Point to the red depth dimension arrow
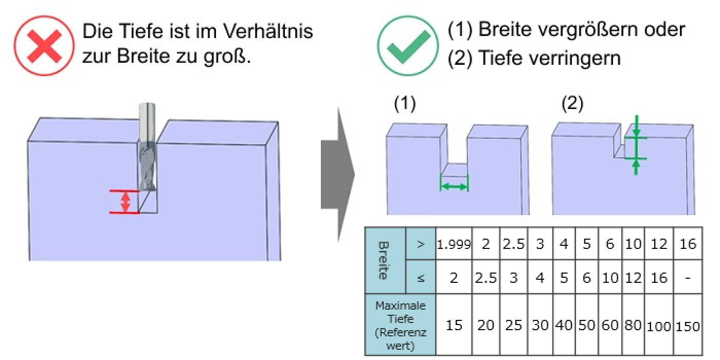[x=125, y=202]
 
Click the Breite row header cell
[x=385, y=260]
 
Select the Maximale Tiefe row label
[x=400, y=325]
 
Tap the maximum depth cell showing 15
[x=454, y=326]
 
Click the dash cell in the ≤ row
[x=688, y=278]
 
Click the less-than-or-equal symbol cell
[x=421, y=278]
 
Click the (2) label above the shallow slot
[x=572, y=104]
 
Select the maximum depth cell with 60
[x=610, y=326]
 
